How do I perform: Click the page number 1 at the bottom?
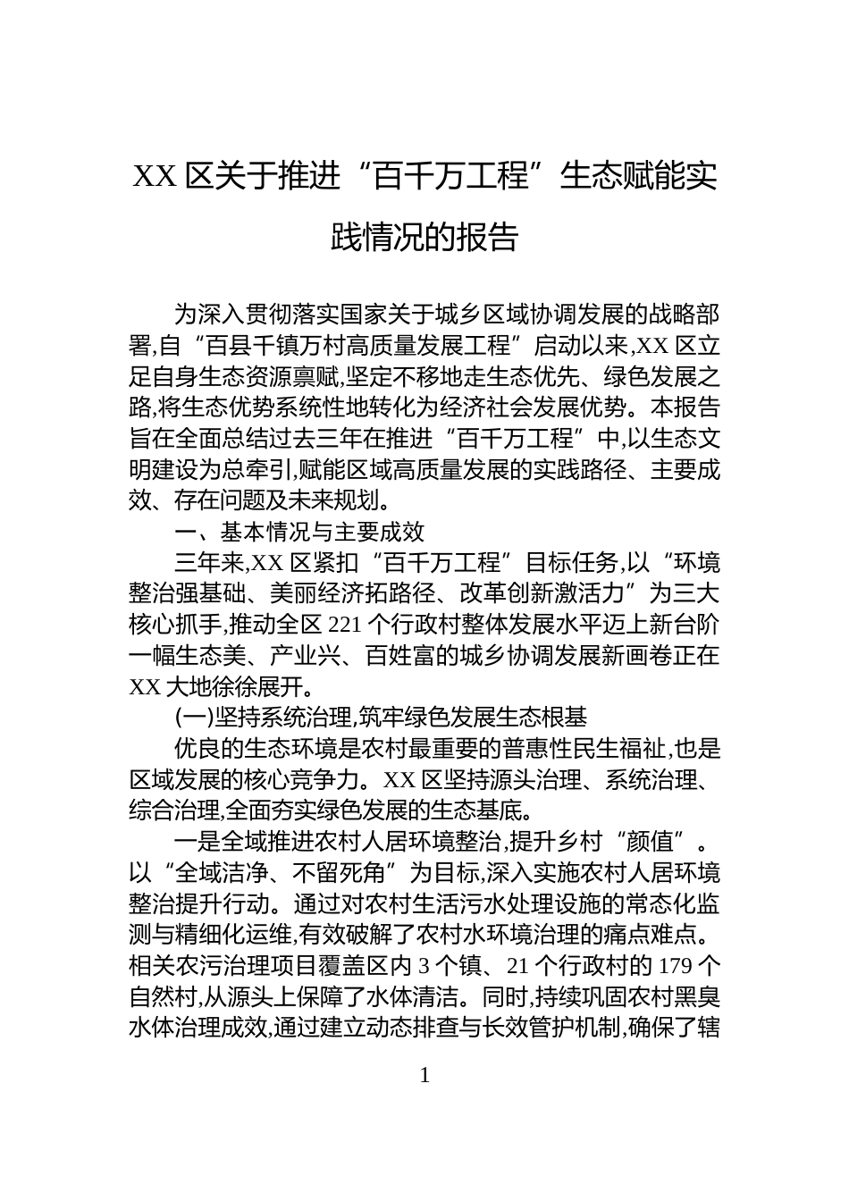point(424,1075)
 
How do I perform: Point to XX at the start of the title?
point(155,177)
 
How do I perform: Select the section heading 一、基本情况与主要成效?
point(299,532)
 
